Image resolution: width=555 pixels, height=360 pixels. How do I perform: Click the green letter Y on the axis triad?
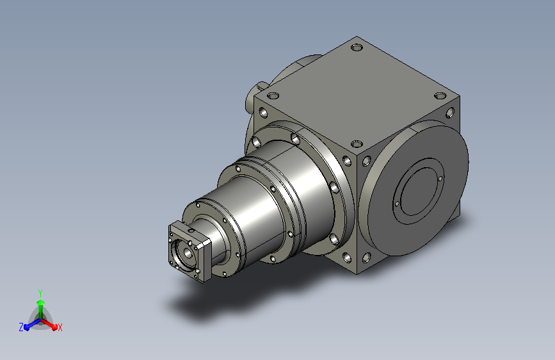(x=40, y=293)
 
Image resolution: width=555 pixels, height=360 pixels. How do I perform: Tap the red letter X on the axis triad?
(x=60, y=327)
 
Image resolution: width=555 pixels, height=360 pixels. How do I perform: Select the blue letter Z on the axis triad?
(x=21, y=327)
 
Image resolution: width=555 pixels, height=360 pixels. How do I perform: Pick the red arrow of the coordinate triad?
(x=49, y=324)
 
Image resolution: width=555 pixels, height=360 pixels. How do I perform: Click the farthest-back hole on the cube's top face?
(x=357, y=47)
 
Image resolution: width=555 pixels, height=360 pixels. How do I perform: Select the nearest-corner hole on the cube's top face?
(x=357, y=143)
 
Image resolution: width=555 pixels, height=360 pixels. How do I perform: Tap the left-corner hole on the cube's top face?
(x=273, y=95)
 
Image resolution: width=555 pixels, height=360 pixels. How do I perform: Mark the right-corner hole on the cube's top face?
(x=440, y=95)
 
